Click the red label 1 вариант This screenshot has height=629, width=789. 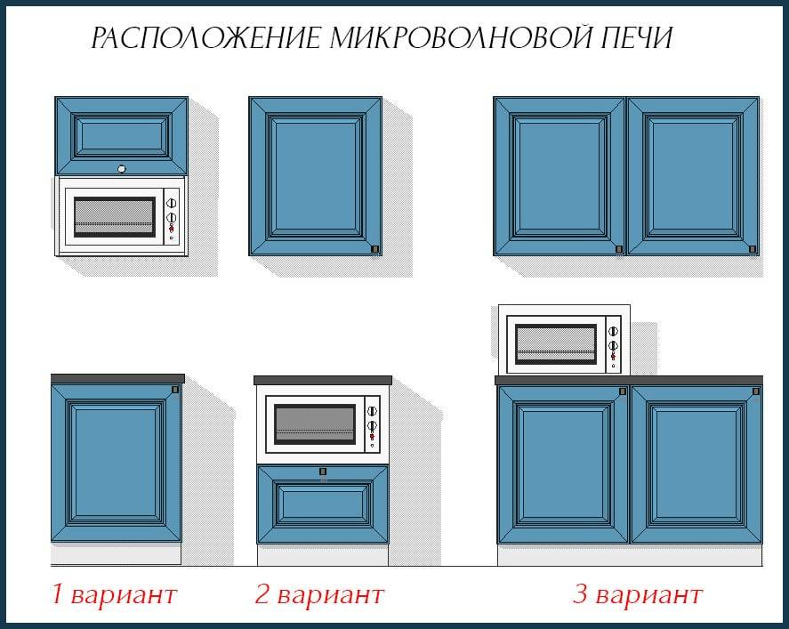click(x=113, y=594)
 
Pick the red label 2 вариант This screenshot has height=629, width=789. click(x=319, y=594)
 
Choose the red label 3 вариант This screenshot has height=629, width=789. click(x=637, y=594)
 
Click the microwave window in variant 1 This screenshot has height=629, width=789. click(x=113, y=216)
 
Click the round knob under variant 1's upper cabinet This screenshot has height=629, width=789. click(x=121, y=167)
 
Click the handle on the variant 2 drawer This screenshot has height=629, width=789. click(x=323, y=472)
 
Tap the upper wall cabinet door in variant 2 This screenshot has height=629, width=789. click(x=315, y=176)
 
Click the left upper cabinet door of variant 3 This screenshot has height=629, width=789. click(x=560, y=176)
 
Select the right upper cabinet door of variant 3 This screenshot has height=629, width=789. click(x=693, y=176)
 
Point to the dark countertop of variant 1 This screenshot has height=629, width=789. click(x=117, y=379)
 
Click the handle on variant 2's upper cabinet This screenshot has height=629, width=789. click(x=374, y=249)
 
